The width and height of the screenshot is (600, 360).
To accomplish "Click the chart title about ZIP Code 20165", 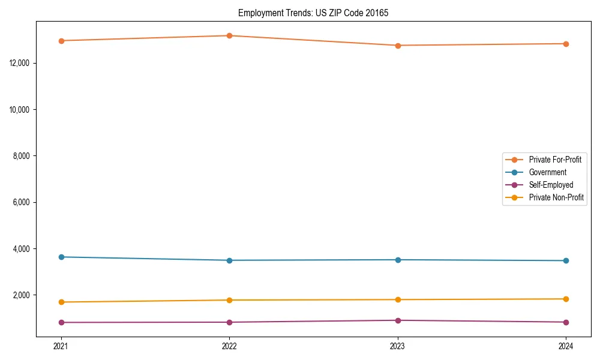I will pyautogui.click(x=313, y=13).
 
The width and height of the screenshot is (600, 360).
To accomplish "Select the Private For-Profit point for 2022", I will pyautogui.click(x=229, y=35).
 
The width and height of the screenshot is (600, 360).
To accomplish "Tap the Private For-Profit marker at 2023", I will pyautogui.click(x=398, y=46).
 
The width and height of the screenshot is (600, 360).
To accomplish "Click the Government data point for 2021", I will pyautogui.click(x=61, y=257).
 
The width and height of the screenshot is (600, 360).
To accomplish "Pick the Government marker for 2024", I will pyautogui.click(x=566, y=260).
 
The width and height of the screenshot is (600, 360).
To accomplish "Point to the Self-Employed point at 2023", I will pyautogui.click(x=398, y=320).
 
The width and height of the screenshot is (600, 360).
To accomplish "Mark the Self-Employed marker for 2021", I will pyautogui.click(x=61, y=322).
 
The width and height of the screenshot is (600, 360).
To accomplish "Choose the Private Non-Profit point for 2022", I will pyautogui.click(x=229, y=300).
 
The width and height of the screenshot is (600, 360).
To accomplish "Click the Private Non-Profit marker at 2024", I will pyautogui.click(x=566, y=299).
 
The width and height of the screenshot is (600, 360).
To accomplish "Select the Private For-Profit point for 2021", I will pyautogui.click(x=61, y=41).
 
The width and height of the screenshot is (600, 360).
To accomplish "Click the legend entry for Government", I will pyautogui.click(x=547, y=172).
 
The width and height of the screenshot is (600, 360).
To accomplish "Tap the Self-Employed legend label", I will pyautogui.click(x=551, y=185).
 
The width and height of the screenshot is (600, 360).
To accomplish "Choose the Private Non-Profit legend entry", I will pyautogui.click(x=556, y=197).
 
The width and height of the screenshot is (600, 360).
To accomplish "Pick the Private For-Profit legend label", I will pyautogui.click(x=555, y=160).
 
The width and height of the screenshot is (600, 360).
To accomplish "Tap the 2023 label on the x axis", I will pyautogui.click(x=398, y=346).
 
